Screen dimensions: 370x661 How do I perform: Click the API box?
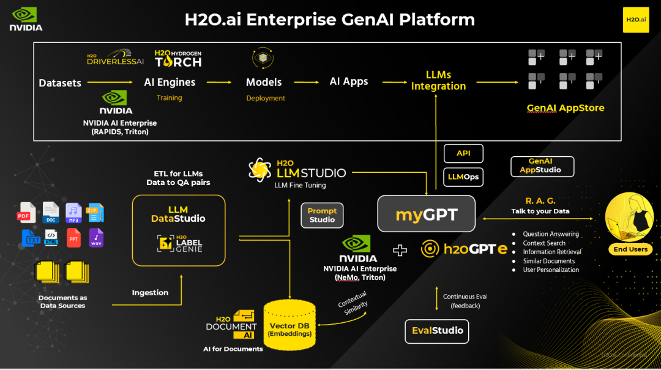[463, 153]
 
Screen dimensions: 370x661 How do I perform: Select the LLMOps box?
[463, 177]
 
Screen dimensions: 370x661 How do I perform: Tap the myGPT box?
[426, 214]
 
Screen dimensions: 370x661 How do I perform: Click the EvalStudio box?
[436, 331]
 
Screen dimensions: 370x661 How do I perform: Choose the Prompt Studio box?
[322, 215]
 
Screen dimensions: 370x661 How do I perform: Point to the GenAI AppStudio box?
[542, 166]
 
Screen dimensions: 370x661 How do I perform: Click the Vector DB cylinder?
[289, 325]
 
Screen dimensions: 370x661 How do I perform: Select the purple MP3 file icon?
[73, 213]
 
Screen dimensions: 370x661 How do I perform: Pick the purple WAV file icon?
[96, 238]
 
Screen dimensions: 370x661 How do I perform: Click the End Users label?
[630, 249]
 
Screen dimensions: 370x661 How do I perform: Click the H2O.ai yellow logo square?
[635, 20]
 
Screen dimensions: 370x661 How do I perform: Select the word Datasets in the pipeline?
[60, 83]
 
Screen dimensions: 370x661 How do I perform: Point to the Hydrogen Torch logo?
[178, 59]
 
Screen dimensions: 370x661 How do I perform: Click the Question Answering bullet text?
[551, 234]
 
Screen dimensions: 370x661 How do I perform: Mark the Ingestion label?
[150, 293]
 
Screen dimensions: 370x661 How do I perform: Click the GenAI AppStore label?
[566, 108]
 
